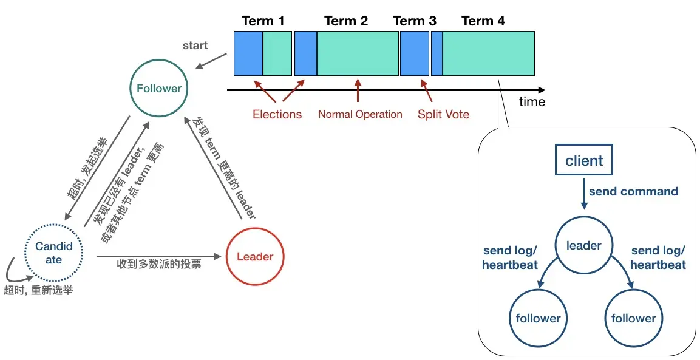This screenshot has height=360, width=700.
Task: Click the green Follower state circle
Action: coord(158,89)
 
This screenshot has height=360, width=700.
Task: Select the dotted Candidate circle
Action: coord(54,253)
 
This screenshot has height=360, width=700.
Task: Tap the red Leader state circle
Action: coord(254,257)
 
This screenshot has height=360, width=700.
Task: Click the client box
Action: coord(584,161)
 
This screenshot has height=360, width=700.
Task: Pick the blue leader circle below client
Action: coord(583,246)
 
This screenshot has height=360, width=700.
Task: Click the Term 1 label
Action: coord(263,21)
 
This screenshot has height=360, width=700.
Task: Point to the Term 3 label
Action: coord(415,21)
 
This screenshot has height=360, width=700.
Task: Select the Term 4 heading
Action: coord(483,21)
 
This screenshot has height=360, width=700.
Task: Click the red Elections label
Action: coord(277,114)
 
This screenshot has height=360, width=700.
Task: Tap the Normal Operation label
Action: coord(360,114)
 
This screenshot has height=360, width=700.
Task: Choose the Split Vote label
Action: coord(443,114)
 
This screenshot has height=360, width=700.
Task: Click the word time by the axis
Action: coord(532,102)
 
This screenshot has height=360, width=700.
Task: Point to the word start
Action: coord(195,46)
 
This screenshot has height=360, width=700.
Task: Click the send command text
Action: coord(633,191)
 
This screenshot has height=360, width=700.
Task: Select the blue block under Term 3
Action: coord(415,53)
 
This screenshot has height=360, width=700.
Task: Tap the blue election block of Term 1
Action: coord(248,53)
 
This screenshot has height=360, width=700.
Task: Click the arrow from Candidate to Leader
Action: coord(158,257)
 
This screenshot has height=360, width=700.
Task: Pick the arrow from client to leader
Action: coord(584,194)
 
